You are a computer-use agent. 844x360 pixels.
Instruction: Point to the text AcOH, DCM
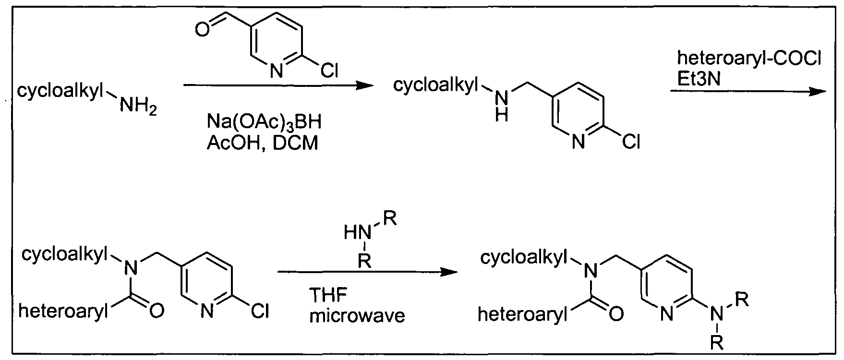click(x=263, y=143)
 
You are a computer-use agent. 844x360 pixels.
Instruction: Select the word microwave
click(x=358, y=316)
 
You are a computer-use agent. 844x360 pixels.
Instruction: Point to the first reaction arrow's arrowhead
click(x=363, y=86)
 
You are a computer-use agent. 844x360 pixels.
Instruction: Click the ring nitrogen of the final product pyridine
click(x=667, y=314)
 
